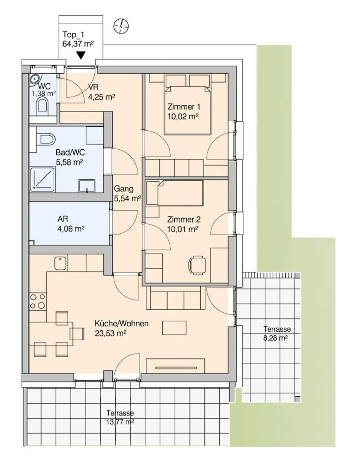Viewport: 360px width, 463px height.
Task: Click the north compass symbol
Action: point(121,26)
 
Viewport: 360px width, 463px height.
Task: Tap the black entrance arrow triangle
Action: point(81,56)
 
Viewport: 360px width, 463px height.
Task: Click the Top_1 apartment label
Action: point(73,34)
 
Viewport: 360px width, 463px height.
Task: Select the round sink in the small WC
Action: point(35,79)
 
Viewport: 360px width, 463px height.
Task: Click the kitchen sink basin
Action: point(61,264)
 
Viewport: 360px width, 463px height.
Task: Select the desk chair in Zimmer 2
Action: point(197,266)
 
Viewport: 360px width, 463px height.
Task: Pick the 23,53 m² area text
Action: point(111,333)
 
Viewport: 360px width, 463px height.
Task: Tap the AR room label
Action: point(63,219)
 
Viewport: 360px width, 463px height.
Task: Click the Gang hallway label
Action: point(124,189)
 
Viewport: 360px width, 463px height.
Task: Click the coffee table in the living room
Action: point(174,328)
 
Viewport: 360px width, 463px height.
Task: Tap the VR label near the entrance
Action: point(93,87)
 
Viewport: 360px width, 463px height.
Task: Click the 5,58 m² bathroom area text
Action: point(69,162)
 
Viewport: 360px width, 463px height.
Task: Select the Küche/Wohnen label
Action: point(121,323)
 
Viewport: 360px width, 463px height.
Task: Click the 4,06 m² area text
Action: point(71,229)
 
